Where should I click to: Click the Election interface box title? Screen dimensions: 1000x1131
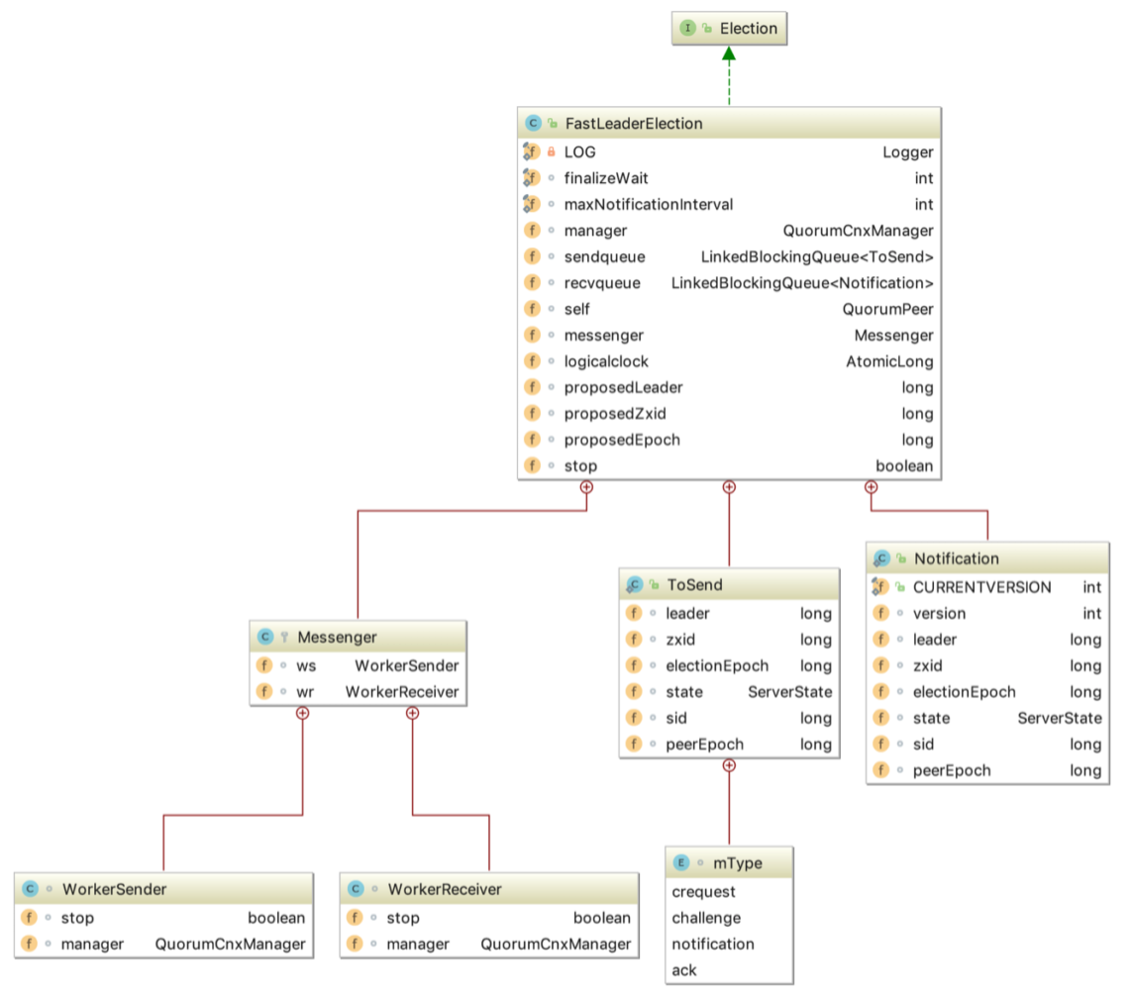[748, 29]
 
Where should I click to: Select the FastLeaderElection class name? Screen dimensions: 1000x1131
[633, 124]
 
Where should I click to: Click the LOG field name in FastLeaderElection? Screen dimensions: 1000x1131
[579, 152]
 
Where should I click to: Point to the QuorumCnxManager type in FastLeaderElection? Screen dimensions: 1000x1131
[858, 231]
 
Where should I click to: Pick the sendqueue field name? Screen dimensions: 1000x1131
[604, 257]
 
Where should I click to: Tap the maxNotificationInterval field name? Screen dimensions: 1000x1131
[648, 205]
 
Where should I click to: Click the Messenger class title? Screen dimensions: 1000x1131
[337, 637]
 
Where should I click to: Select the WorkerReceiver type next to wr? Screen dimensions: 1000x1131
[402, 691]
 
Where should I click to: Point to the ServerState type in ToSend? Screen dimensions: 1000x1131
[789, 691]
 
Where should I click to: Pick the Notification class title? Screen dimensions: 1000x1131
[956, 559]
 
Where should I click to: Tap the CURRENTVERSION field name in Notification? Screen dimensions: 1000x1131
[981, 587]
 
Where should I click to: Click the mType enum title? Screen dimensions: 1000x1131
[737, 862]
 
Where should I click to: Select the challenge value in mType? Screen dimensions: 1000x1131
[706, 918]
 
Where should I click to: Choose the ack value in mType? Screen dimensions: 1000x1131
[684, 970]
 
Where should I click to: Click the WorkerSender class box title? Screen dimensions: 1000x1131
[114, 889]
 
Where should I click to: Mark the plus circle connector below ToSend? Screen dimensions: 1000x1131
[729, 765]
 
